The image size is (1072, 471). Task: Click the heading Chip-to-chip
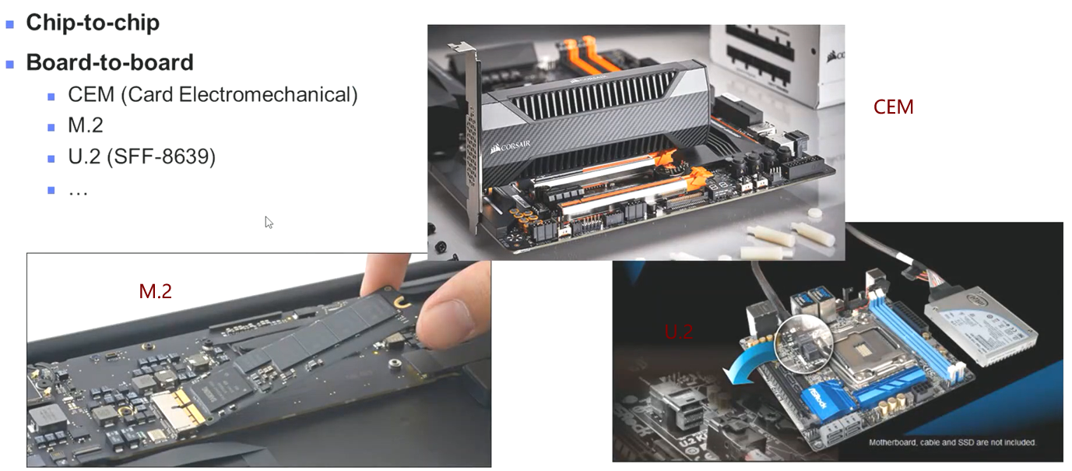coord(93,23)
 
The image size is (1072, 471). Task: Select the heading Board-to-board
coord(110,62)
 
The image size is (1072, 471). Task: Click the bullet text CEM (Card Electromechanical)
coord(213,95)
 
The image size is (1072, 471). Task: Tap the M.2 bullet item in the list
coord(86,125)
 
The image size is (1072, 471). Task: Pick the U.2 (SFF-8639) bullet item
coord(142,156)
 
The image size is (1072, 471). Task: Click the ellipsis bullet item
coord(78,189)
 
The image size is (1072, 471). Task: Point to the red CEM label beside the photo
coord(893,107)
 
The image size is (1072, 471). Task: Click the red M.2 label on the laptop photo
coord(155,291)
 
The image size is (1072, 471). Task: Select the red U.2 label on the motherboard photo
coord(678,332)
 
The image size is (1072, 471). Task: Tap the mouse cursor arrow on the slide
coord(269,222)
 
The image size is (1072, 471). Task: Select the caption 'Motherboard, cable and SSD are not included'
coord(952,442)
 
